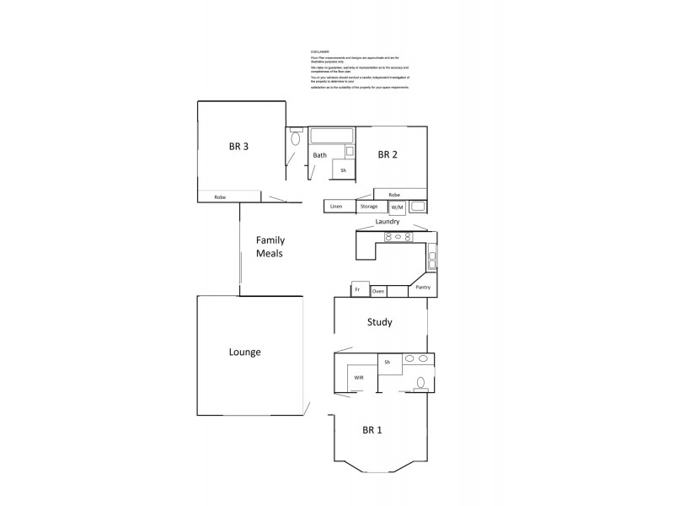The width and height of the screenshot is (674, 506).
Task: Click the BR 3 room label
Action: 238,146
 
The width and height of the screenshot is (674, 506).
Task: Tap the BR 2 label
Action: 387,154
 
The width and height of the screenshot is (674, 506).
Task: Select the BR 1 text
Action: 372,430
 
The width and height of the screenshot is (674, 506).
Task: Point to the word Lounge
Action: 244,352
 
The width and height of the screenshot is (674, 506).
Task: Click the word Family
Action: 270,240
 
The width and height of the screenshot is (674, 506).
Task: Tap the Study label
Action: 379,322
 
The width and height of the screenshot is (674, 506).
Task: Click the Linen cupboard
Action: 336,206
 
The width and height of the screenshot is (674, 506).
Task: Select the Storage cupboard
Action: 369,206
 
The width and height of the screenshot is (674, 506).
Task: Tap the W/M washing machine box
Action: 397,207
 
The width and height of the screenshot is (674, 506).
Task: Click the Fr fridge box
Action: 358,290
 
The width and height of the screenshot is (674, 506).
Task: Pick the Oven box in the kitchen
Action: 378,291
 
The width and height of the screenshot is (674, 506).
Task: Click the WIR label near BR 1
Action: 358,377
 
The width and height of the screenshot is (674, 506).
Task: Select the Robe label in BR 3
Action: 220,197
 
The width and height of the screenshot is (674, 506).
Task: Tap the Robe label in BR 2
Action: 394,195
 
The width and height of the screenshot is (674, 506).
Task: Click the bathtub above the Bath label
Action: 332,135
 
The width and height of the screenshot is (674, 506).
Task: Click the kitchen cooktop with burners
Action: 396,237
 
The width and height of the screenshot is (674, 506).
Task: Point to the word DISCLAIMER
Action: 320,51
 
